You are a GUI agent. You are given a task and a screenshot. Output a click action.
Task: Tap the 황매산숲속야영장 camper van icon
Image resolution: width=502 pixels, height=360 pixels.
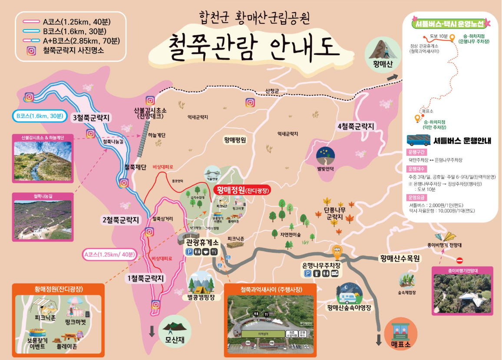(350, 295)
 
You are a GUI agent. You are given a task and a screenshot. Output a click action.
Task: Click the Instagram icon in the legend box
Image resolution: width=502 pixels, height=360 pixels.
(32, 51)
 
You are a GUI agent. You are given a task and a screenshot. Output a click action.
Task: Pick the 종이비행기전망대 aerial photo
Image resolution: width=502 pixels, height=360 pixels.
(462, 294)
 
